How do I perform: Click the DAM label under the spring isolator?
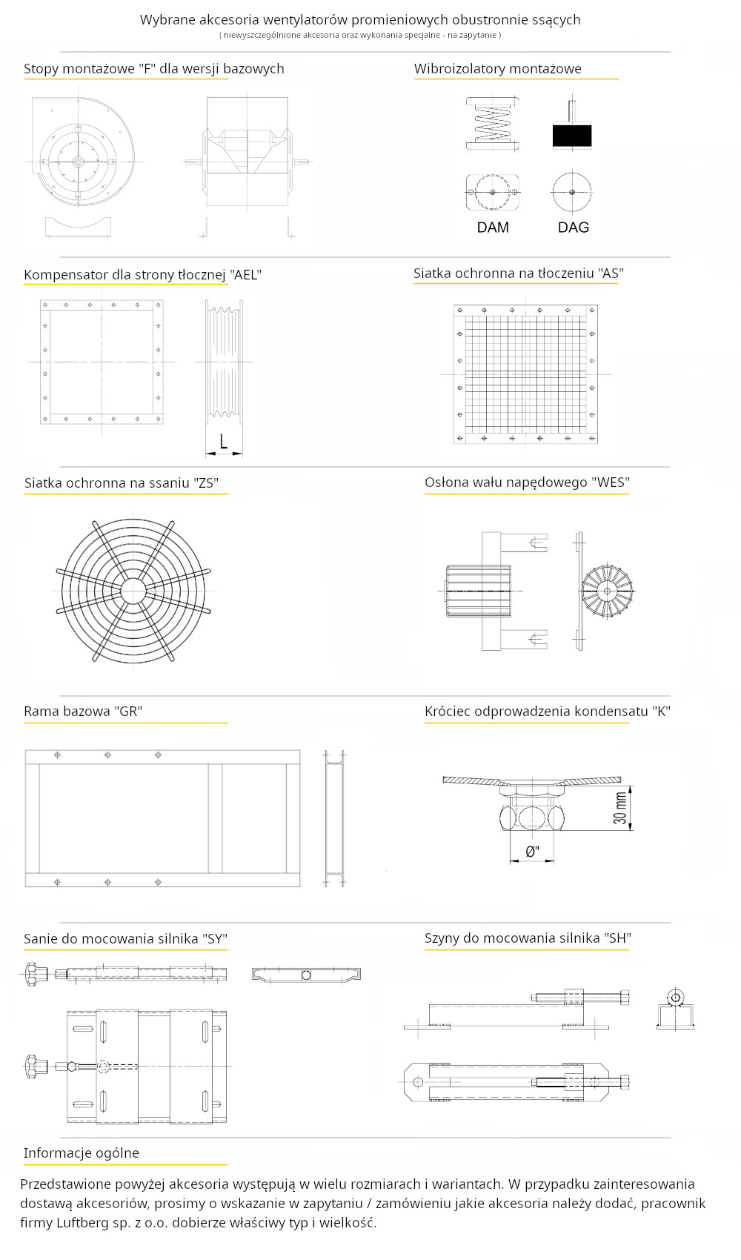click(x=493, y=228)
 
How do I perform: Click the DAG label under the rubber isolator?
click(x=573, y=228)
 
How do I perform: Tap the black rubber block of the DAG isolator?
click(x=571, y=136)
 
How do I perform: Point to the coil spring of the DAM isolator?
click(x=493, y=124)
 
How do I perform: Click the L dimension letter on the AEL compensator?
click(x=223, y=442)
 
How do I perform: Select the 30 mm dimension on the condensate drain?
click(x=620, y=808)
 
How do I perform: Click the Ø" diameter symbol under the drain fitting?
click(x=532, y=852)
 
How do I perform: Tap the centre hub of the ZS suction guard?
click(x=133, y=591)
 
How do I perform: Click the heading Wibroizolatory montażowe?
click(x=497, y=69)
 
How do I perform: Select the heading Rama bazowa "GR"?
click(x=83, y=712)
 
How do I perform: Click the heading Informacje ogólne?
click(x=82, y=1153)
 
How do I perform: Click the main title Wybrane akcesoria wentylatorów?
click(x=360, y=20)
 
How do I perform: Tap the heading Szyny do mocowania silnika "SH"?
click(x=527, y=938)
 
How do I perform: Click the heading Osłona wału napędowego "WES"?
click(x=527, y=483)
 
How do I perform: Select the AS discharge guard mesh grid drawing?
click(x=525, y=374)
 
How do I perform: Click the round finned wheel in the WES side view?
click(x=607, y=591)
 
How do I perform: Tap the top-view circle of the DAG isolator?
click(x=571, y=192)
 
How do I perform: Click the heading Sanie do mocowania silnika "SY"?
click(x=125, y=939)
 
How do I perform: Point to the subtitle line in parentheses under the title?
click(x=360, y=35)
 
